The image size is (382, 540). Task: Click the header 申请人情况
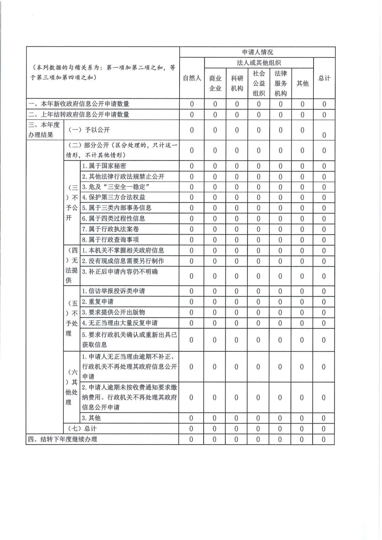(x=257, y=52)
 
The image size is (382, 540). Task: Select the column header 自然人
(x=192, y=78)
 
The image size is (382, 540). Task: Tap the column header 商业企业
(x=215, y=83)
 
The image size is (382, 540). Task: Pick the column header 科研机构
(x=237, y=83)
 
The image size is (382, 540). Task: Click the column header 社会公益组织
(x=259, y=83)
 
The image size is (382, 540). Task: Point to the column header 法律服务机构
(x=280, y=83)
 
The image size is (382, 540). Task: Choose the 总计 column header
(x=324, y=78)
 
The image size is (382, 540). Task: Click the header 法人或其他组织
(x=259, y=63)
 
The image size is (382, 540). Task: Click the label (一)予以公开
(x=89, y=130)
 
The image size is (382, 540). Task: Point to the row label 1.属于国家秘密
(x=104, y=166)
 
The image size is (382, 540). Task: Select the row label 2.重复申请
(x=97, y=302)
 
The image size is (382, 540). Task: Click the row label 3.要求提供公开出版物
(x=113, y=312)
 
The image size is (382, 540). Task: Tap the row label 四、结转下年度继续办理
(x=63, y=439)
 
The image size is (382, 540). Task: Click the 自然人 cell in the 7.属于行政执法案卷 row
(x=191, y=229)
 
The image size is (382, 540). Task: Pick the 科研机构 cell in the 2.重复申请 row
(x=236, y=302)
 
